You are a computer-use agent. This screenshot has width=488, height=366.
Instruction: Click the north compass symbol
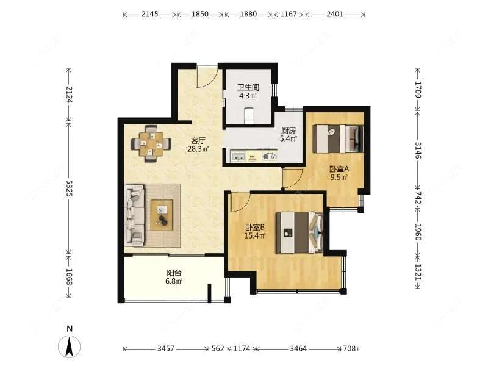click(70, 345)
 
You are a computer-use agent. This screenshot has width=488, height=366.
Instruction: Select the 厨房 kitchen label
click(289, 134)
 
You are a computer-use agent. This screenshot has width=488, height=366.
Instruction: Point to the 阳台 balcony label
click(174, 277)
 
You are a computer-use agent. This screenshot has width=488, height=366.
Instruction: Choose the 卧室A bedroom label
click(339, 173)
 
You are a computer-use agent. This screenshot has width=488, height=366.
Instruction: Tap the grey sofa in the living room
click(135, 215)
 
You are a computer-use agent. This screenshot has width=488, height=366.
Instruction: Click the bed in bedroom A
click(338, 138)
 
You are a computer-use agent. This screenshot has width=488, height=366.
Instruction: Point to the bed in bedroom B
click(298, 232)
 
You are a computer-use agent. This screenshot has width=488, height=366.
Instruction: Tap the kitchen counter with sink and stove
click(254, 157)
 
